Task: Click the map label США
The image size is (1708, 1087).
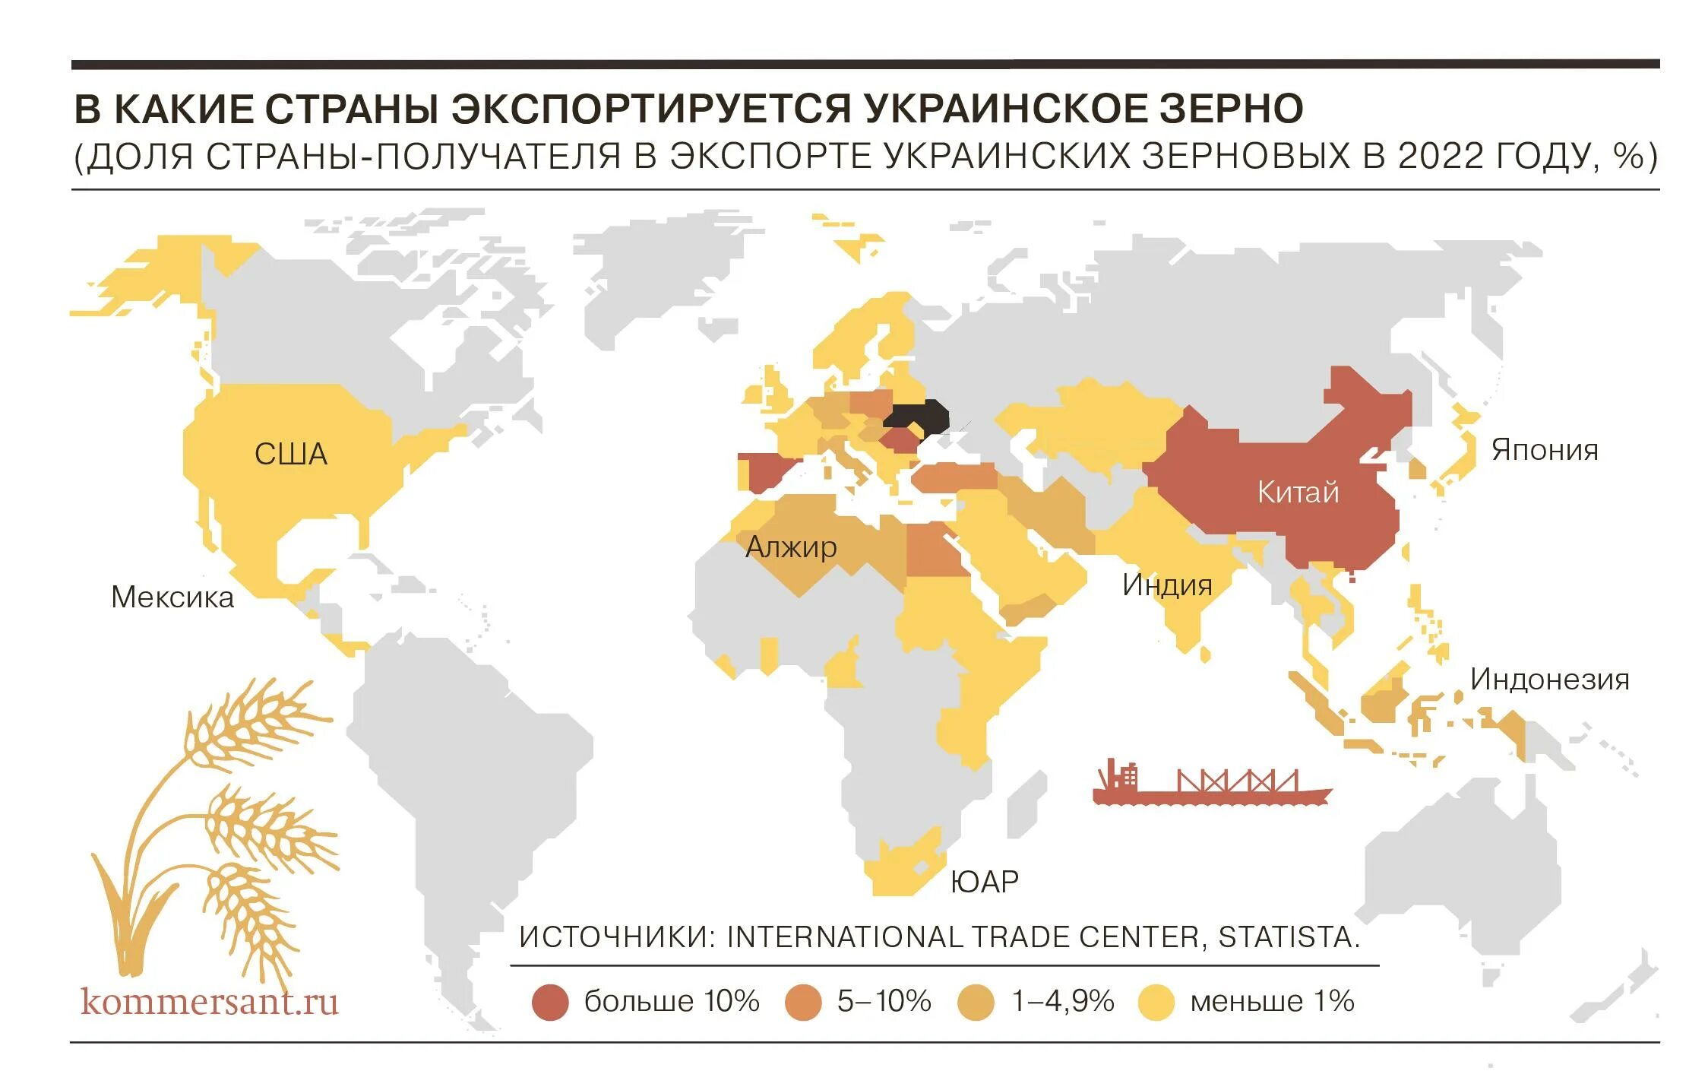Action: point(290,455)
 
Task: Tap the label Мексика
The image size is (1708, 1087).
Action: point(172,597)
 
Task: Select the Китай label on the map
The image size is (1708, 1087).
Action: point(1298,493)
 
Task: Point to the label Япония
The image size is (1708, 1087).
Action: point(1545,450)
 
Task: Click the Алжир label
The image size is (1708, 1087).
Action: point(791,547)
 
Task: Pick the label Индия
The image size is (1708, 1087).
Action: point(1167,585)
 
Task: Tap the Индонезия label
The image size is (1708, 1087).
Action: point(1549,680)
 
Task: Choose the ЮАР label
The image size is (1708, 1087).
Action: point(985,882)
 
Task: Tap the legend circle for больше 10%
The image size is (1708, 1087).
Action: point(550,1002)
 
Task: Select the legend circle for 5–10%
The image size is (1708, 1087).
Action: point(803,1002)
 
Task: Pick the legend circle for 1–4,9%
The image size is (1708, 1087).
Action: point(976,1002)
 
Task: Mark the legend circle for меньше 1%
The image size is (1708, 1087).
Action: point(1156,1002)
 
